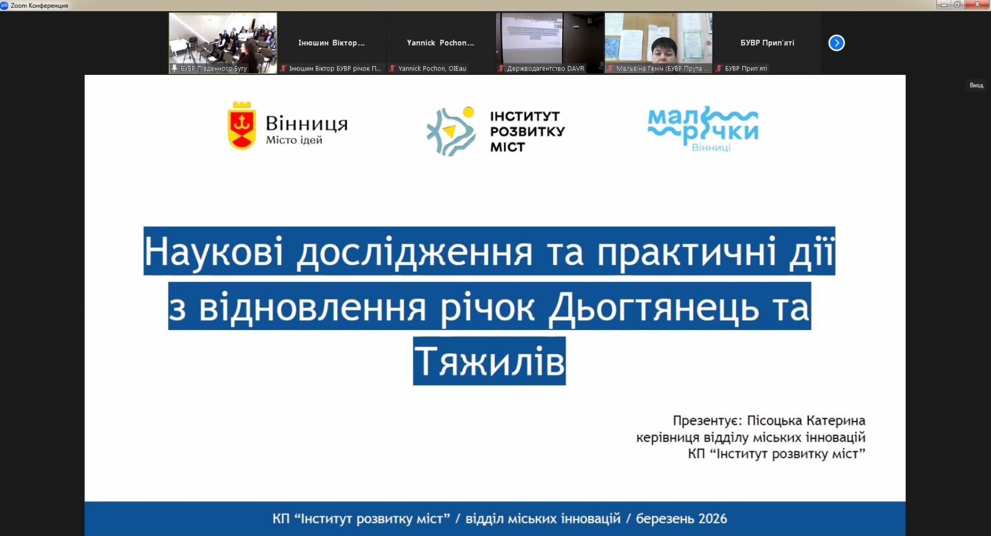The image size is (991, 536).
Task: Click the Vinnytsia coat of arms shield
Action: pyautogui.click(x=241, y=126)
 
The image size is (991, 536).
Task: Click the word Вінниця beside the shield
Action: pyautogui.click(x=307, y=123)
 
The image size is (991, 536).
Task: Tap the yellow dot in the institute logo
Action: pyautogui.click(x=469, y=112)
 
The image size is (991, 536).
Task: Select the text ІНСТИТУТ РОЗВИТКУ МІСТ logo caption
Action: pyautogui.click(x=527, y=132)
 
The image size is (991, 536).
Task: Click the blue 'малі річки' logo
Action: pyautogui.click(x=703, y=129)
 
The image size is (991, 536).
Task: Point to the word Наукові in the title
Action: pyautogui.click(x=214, y=252)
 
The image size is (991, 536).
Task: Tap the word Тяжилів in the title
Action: pyautogui.click(x=489, y=361)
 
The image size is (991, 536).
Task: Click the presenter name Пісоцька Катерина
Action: pyautogui.click(x=806, y=421)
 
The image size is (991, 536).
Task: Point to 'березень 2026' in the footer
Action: pyautogui.click(x=681, y=518)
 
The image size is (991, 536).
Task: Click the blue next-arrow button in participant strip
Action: pyautogui.click(x=836, y=43)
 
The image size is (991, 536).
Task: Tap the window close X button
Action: pyautogui.click(x=978, y=4)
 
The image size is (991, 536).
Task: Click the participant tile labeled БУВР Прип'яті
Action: pyautogui.click(x=767, y=43)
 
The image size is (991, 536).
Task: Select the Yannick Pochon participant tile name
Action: pyautogui.click(x=440, y=42)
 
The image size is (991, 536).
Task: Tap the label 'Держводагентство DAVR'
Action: pyautogui.click(x=546, y=68)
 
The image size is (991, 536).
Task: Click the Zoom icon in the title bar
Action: pyautogui.click(x=4, y=5)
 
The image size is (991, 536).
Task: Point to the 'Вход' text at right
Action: pyautogui.click(x=976, y=85)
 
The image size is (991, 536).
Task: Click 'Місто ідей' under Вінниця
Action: pyautogui.click(x=294, y=140)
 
